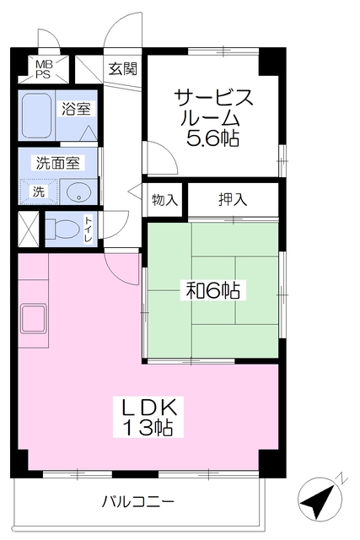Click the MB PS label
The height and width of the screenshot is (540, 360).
coord(43,69)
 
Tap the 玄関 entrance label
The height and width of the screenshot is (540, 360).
coord(122,69)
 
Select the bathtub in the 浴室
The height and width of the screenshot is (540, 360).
coord(37,116)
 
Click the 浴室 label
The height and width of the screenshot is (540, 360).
coord(76,109)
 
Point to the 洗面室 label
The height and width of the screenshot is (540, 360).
coord(57,163)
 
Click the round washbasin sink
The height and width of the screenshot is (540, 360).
coord(78,192)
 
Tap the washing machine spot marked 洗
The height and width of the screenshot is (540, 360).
coord(39,192)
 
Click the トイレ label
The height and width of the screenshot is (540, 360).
coord(89,229)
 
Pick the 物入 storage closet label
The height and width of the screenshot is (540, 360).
coord(164,199)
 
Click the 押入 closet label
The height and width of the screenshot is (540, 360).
coord(233,199)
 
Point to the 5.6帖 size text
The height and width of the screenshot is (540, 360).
coord(212,138)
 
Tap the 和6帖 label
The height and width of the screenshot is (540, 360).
coord(212,290)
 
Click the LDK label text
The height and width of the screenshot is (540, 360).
coord(148,407)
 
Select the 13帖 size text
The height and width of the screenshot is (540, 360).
coord(148,427)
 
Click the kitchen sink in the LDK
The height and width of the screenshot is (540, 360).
coord(34,319)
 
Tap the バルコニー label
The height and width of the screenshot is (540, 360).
coord(137,501)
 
